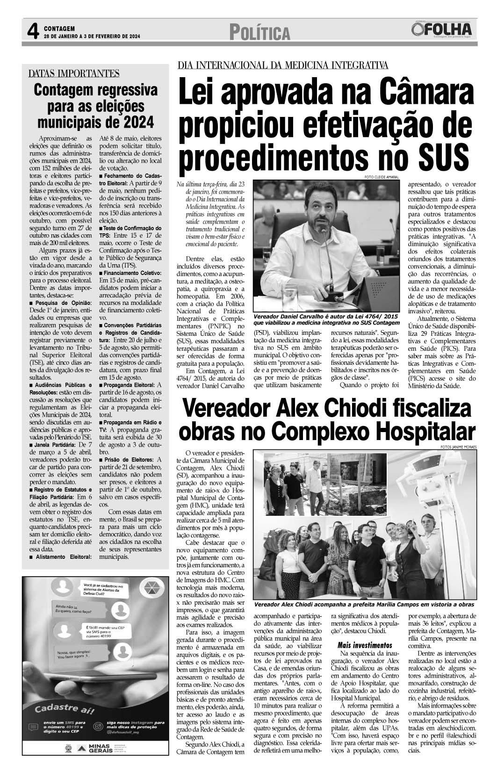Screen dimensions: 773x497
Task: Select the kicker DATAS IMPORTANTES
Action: pyautogui.click(x=73, y=73)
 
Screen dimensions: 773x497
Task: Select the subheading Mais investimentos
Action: pyautogui.click(x=365, y=644)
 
